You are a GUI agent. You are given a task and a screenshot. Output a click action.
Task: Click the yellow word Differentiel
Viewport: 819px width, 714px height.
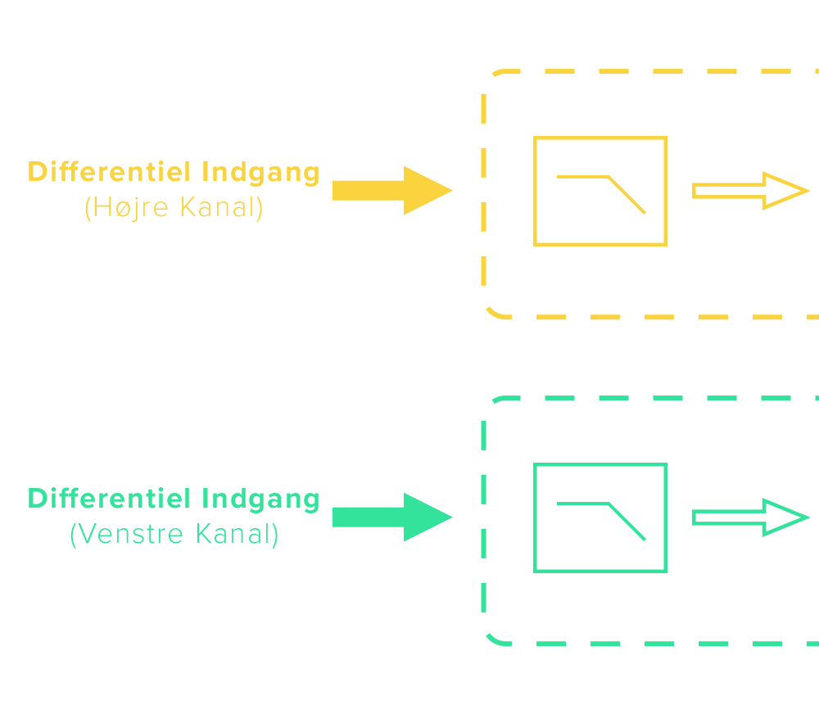[x=110, y=172]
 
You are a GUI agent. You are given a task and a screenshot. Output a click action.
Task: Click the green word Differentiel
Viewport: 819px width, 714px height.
[x=110, y=499]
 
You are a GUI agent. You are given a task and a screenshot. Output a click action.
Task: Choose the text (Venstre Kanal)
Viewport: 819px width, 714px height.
[x=174, y=535]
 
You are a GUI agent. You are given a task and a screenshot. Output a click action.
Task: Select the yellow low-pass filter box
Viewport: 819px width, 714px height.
[x=600, y=147]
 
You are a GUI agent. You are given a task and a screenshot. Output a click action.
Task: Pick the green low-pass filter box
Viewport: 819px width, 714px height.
[x=600, y=474]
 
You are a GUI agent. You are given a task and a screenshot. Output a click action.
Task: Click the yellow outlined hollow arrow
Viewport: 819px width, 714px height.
[x=750, y=191]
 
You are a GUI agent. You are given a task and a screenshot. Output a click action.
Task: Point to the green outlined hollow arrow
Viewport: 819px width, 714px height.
[x=750, y=517]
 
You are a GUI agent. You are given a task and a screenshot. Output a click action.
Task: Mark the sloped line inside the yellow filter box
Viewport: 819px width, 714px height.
[x=627, y=195]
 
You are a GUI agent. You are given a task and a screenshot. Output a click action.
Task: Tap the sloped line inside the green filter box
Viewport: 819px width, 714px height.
[x=627, y=522]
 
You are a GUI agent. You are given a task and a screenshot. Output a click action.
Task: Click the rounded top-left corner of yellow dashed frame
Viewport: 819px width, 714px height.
[x=491, y=78]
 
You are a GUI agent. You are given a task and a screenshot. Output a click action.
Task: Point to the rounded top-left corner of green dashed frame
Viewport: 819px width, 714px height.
[x=491, y=404]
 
